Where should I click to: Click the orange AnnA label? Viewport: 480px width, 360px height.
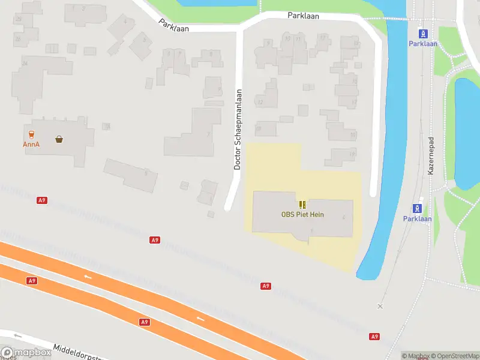pyautogui.click(x=31, y=144)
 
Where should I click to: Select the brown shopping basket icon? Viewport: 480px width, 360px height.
pyautogui.click(x=59, y=139)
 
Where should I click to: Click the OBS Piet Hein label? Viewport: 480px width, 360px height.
pyautogui.click(x=302, y=214)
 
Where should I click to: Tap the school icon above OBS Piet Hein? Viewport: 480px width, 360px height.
pyautogui.click(x=302, y=205)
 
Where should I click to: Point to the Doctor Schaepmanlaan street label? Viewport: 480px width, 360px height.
pyautogui.click(x=238, y=130)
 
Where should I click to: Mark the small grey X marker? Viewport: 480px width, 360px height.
pyautogui.click(x=379, y=306)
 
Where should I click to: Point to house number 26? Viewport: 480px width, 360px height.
pyautogui.click(x=25, y=63)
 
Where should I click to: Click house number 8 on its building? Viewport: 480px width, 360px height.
pyautogui.click(x=210, y=53)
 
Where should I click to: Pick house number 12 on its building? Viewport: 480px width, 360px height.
pyautogui.click(x=260, y=103)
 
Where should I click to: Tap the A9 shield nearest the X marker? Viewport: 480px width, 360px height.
pyautogui.click(x=374, y=337)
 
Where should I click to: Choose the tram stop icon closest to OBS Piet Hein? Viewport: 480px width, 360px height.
pyautogui.click(x=417, y=208)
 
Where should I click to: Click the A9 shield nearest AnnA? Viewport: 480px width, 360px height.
pyautogui.click(x=41, y=200)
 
